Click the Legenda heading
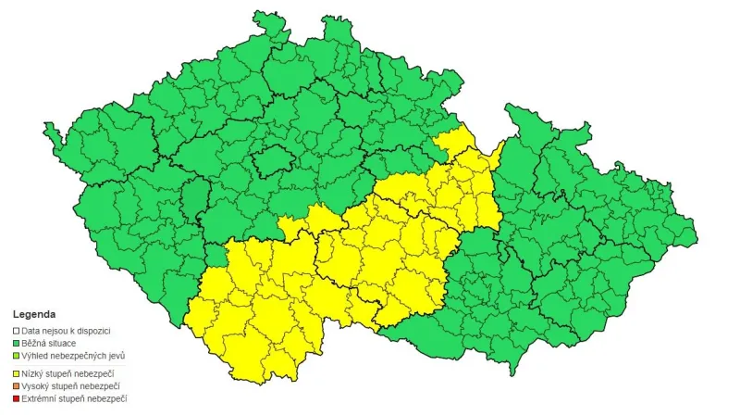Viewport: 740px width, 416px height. coord(33,315)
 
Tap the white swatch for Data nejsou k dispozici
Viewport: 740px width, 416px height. coord(16,331)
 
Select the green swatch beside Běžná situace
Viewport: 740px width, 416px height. coord(16,344)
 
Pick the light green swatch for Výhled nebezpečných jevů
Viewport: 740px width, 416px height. coord(16,356)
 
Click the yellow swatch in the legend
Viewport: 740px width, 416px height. coord(16,372)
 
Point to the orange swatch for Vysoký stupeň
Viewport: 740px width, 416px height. coord(16,385)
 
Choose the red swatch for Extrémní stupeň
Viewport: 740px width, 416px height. coord(16,398)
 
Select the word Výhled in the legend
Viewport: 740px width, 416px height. coord(35,356)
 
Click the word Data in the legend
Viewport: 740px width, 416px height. coord(31,331)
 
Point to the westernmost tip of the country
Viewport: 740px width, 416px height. coord(45,137)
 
